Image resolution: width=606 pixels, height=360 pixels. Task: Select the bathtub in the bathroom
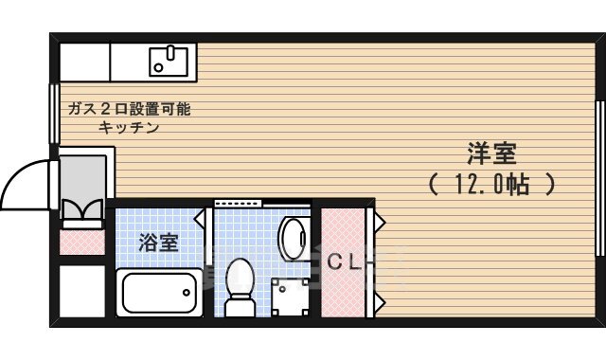click(158, 295)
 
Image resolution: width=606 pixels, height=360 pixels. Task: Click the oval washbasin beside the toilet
click(293, 237)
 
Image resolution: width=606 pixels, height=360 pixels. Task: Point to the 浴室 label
click(158, 243)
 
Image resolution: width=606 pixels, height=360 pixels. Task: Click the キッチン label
click(129, 127)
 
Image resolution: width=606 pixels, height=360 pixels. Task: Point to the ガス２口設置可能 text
click(129, 109)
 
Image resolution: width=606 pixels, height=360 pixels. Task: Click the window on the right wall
click(598, 177)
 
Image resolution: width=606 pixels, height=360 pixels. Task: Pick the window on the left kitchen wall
click(53, 114)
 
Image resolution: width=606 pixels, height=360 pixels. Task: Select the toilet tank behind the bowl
click(241, 309)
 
